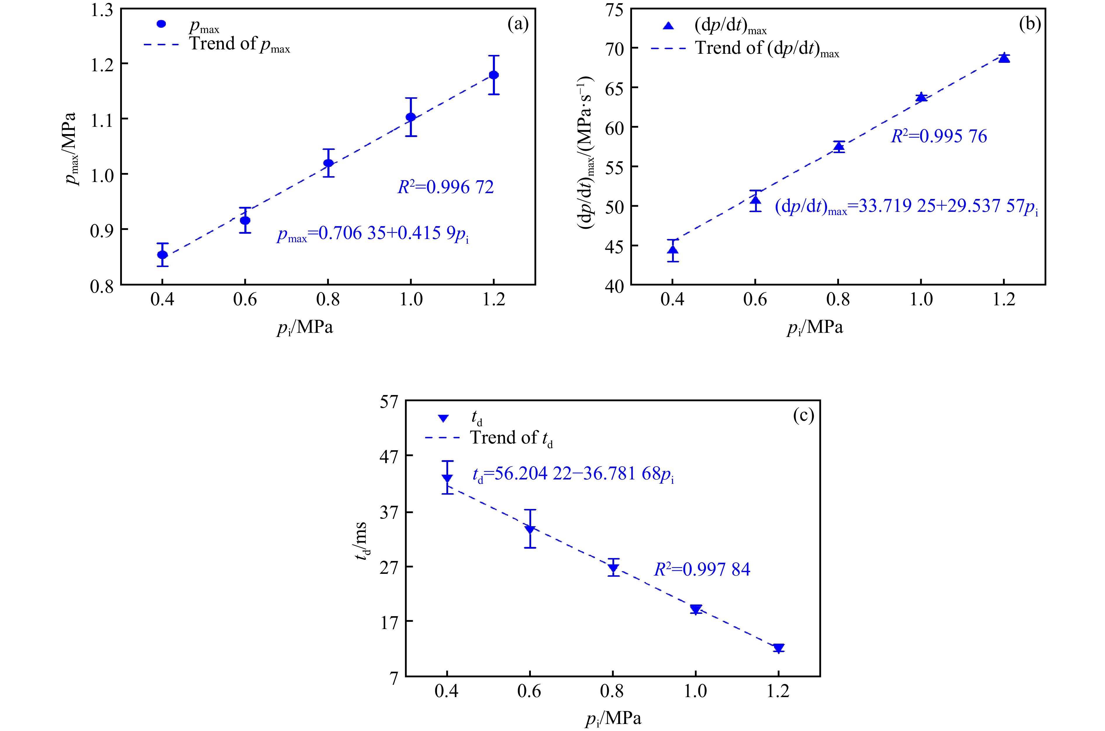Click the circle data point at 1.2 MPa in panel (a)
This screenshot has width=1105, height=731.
493,75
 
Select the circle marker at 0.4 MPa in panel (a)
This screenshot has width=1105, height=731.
162,254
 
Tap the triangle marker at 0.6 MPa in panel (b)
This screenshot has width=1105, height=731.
755,200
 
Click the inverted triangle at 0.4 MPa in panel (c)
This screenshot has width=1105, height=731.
447,478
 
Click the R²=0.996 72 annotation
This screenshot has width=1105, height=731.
446,187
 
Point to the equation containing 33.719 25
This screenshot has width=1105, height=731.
906,207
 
